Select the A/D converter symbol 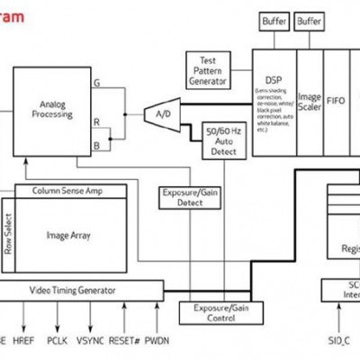coord(162,113)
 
